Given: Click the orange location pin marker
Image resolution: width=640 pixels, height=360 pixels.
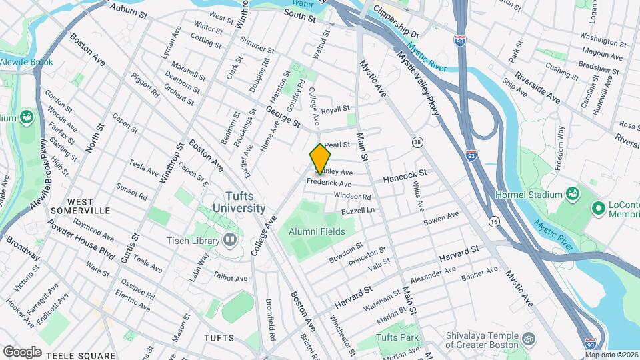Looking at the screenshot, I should [320, 159].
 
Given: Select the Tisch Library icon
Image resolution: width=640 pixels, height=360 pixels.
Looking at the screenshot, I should [230, 239].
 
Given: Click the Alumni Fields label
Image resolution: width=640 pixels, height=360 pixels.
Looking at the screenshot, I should [317, 231].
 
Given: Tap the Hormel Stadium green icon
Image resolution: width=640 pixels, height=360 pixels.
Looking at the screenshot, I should [571, 195].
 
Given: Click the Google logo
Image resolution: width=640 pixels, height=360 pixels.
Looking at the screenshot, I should [22, 351].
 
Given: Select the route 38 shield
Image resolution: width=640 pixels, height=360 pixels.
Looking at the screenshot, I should [417, 141].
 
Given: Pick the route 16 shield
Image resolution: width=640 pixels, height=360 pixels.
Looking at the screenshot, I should [494, 221].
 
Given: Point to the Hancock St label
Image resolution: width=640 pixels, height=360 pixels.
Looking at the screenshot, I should [405, 176].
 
